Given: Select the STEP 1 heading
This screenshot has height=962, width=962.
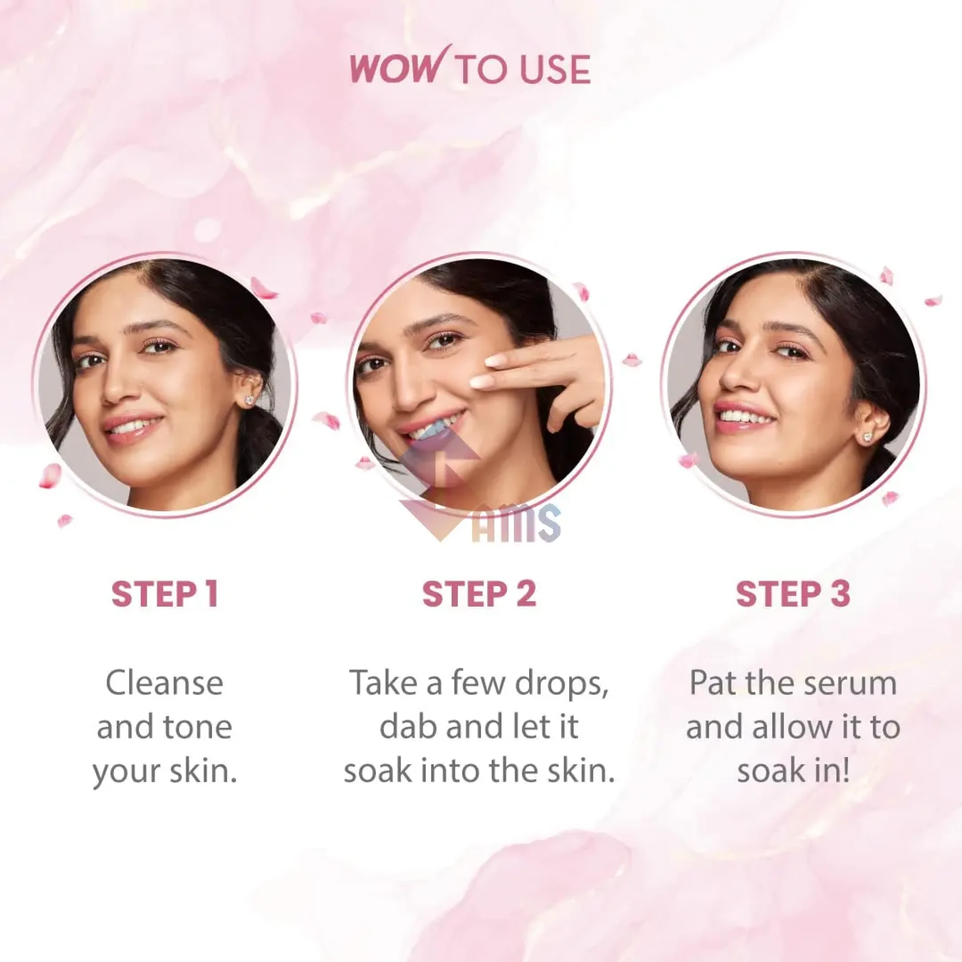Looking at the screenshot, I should tap(165, 594).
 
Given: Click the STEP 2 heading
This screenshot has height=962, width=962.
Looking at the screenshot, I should tap(479, 594).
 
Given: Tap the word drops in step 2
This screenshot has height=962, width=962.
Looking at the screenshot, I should tap(561, 684).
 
